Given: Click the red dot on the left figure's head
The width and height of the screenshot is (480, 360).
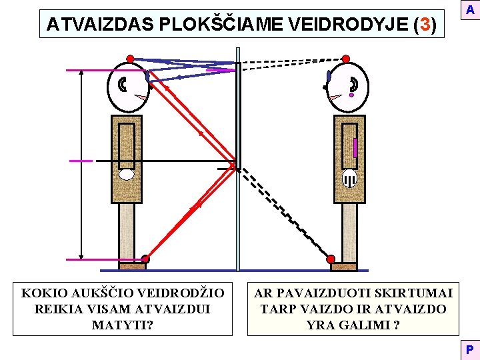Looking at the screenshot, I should click(131, 59).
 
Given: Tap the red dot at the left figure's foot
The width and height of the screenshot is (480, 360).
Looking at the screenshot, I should click(145, 259).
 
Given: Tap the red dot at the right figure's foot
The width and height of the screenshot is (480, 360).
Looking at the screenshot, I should click(331, 259).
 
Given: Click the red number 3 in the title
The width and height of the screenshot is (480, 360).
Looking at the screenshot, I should click(425, 25).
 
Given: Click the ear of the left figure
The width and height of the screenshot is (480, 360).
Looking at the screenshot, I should click(123, 85).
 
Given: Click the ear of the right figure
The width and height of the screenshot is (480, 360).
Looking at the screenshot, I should click(353, 85).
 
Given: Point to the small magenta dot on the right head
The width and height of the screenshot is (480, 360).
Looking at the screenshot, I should click(351, 95).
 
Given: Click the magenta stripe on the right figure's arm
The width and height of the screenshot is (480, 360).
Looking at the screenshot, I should click(355, 147).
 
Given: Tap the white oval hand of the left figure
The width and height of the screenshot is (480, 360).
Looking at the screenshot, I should click(127, 175).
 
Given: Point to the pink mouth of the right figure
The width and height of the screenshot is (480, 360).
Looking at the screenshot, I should click(335, 98).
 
